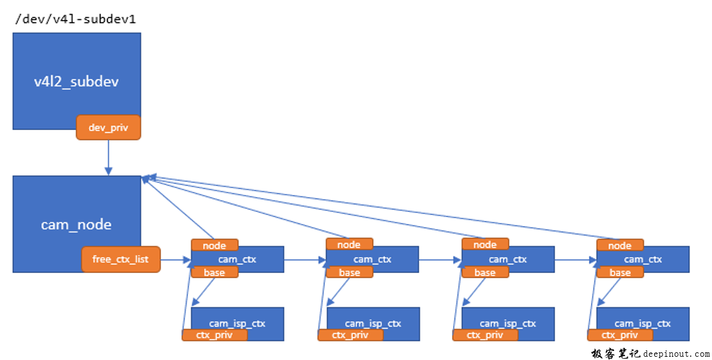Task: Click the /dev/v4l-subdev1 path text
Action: click(76, 19)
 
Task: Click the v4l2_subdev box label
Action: click(76, 82)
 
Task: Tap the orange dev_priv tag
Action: click(108, 128)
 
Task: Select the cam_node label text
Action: click(76, 225)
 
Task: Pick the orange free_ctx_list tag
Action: click(120, 259)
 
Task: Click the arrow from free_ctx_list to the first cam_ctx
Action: click(175, 260)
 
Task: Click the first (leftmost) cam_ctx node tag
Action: click(214, 245)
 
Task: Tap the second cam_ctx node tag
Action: click(349, 245)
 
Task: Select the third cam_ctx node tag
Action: click(485, 245)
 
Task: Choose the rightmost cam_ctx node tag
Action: click(619, 245)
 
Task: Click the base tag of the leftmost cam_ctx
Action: click(214, 272)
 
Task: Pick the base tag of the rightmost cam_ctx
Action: click(620, 272)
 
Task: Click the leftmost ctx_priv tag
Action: click(214, 335)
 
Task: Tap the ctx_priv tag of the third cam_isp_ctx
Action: click(485, 335)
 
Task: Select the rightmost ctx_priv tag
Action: click(620, 335)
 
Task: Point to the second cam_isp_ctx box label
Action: click(373, 323)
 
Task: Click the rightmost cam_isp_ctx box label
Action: click(642, 323)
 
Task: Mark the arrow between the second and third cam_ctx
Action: click(440, 260)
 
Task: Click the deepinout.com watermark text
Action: click(675, 354)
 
